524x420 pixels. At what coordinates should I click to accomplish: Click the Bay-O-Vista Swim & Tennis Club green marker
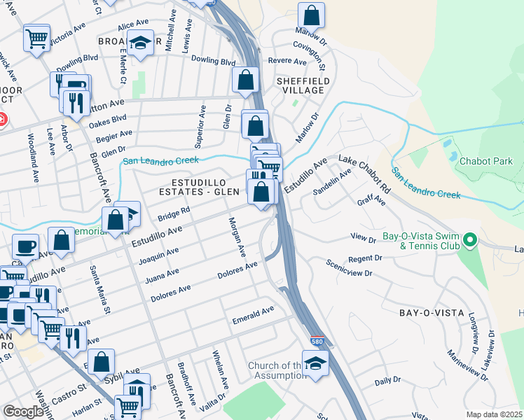click(471, 241)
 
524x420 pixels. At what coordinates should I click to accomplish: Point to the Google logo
click(23, 412)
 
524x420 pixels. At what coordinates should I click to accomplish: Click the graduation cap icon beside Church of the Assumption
click(315, 363)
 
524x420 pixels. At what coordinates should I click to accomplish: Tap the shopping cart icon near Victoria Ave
click(37, 37)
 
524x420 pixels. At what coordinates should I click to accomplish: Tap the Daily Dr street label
click(387, 381)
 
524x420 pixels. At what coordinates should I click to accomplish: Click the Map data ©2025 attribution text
click(495, 414)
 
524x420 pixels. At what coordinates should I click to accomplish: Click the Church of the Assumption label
click(275, 370)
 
